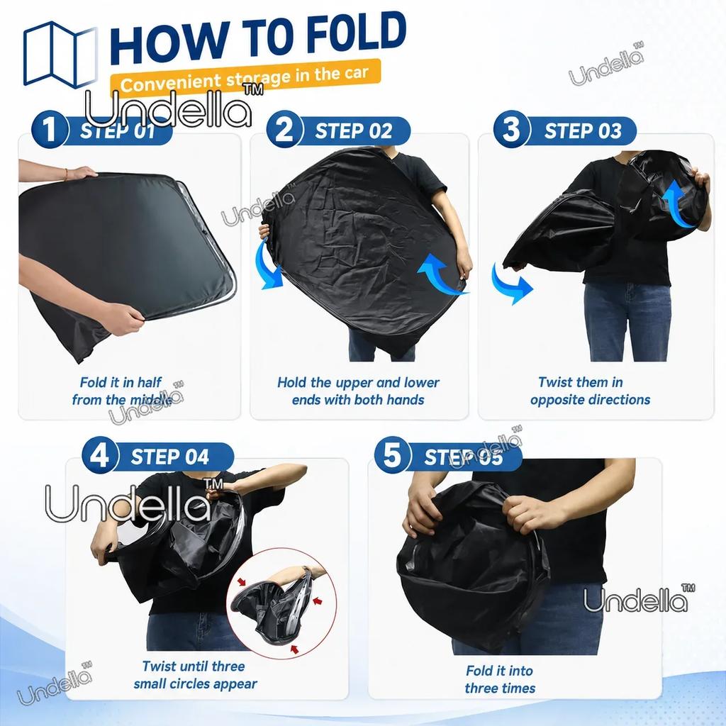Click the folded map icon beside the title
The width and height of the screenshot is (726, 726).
point(61,55)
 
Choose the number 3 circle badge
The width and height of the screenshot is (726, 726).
point(512,129)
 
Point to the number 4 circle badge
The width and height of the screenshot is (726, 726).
point(101,455)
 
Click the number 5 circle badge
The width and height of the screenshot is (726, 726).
point(393,455)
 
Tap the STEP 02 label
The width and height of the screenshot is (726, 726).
point(354,131)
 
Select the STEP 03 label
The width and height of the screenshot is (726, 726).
point(583,131)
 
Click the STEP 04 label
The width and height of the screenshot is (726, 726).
point(170,457)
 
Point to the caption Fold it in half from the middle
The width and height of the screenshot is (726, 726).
point(121,391)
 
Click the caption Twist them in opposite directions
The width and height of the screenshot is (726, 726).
point(590,391)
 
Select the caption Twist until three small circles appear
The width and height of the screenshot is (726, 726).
point(194,675)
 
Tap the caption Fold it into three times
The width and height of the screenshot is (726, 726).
point(500,679)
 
